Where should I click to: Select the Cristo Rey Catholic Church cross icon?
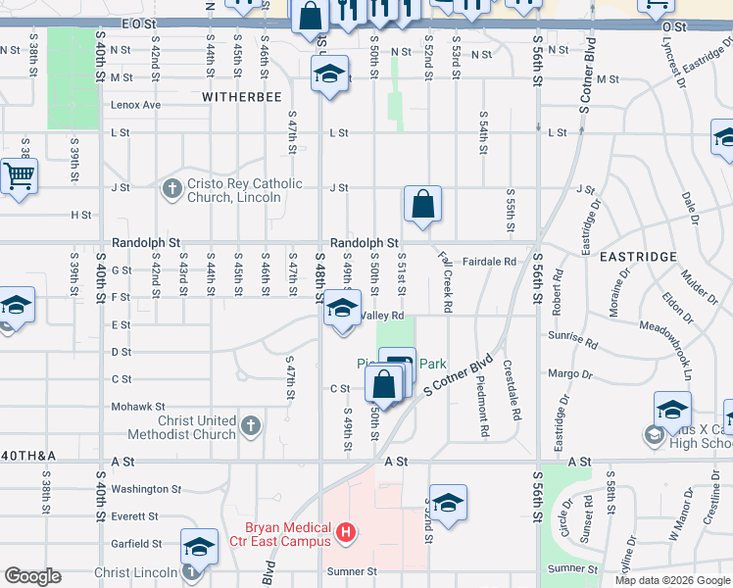point(171,187)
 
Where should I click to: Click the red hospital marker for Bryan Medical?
point(344,533)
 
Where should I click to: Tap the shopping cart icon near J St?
point(18,177)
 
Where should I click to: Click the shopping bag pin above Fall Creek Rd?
point(422,206)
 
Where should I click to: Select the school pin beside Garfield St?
point(199,547)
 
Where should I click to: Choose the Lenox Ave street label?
point(136,104)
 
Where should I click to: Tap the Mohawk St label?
point(138,406)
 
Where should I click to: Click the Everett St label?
point(136,515)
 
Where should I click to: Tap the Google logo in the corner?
point(32,576)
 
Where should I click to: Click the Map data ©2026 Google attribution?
point(672,580)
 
